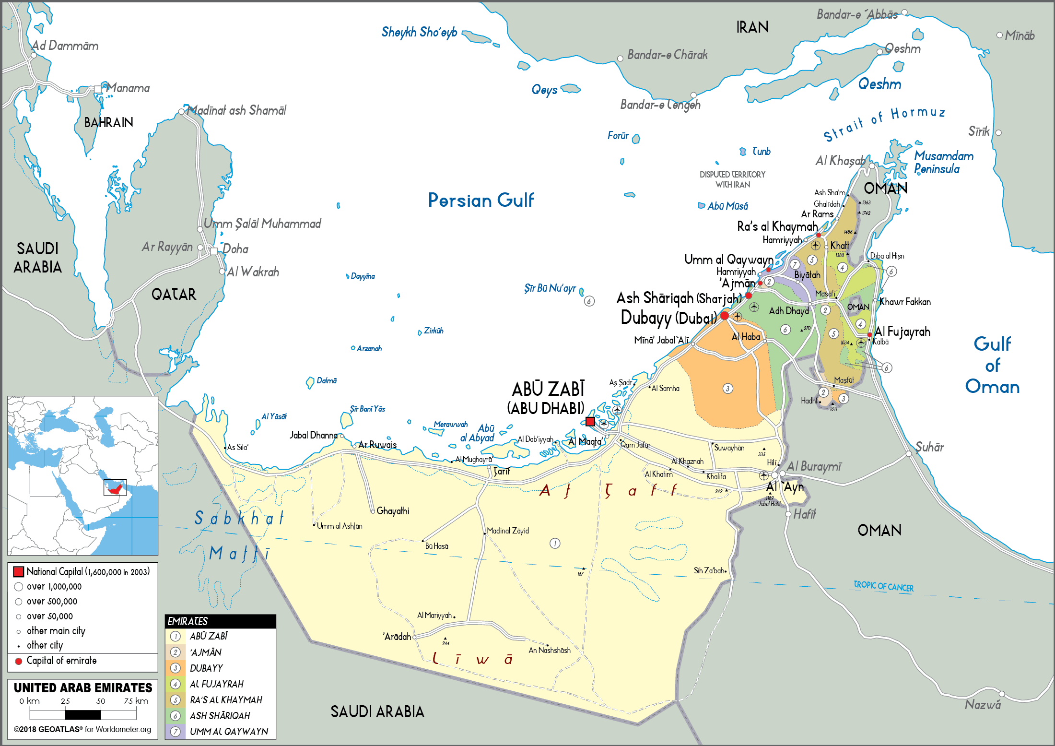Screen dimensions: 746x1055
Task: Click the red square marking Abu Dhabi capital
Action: [x=590, y=422]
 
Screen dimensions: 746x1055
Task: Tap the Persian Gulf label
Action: [x=481, y=200]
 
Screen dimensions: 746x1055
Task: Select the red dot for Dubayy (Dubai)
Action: [x=725, y=315]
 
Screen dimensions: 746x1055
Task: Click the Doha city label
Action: [x=235, y=249]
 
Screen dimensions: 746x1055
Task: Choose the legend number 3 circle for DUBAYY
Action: [x=176, y=668]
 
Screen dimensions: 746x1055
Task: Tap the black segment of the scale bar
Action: [x=82, y=715]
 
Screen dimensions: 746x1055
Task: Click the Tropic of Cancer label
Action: [x=883, y=586]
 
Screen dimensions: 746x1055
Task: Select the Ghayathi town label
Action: [x=393, y=511]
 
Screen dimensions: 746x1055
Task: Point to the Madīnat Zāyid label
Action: [x=507, y=531]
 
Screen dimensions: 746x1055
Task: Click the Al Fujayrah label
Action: [x=902, y=332]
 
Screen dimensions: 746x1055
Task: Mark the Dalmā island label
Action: [x=327, y=380]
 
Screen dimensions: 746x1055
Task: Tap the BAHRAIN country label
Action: [x=108, y=123]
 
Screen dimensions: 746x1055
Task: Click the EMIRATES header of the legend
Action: [x=188, y=621]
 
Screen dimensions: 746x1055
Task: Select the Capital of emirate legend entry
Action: [x=61, y=661]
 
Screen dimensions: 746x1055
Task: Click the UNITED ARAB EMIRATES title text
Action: [x=82, y=688]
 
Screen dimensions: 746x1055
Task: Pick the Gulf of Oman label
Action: [x=992, y=365]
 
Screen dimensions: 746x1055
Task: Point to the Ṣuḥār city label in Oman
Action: [x=929, y=447]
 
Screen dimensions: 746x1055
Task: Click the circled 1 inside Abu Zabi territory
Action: [x=555, y=544]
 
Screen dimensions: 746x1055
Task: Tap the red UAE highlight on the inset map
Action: [x=115, y=489]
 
